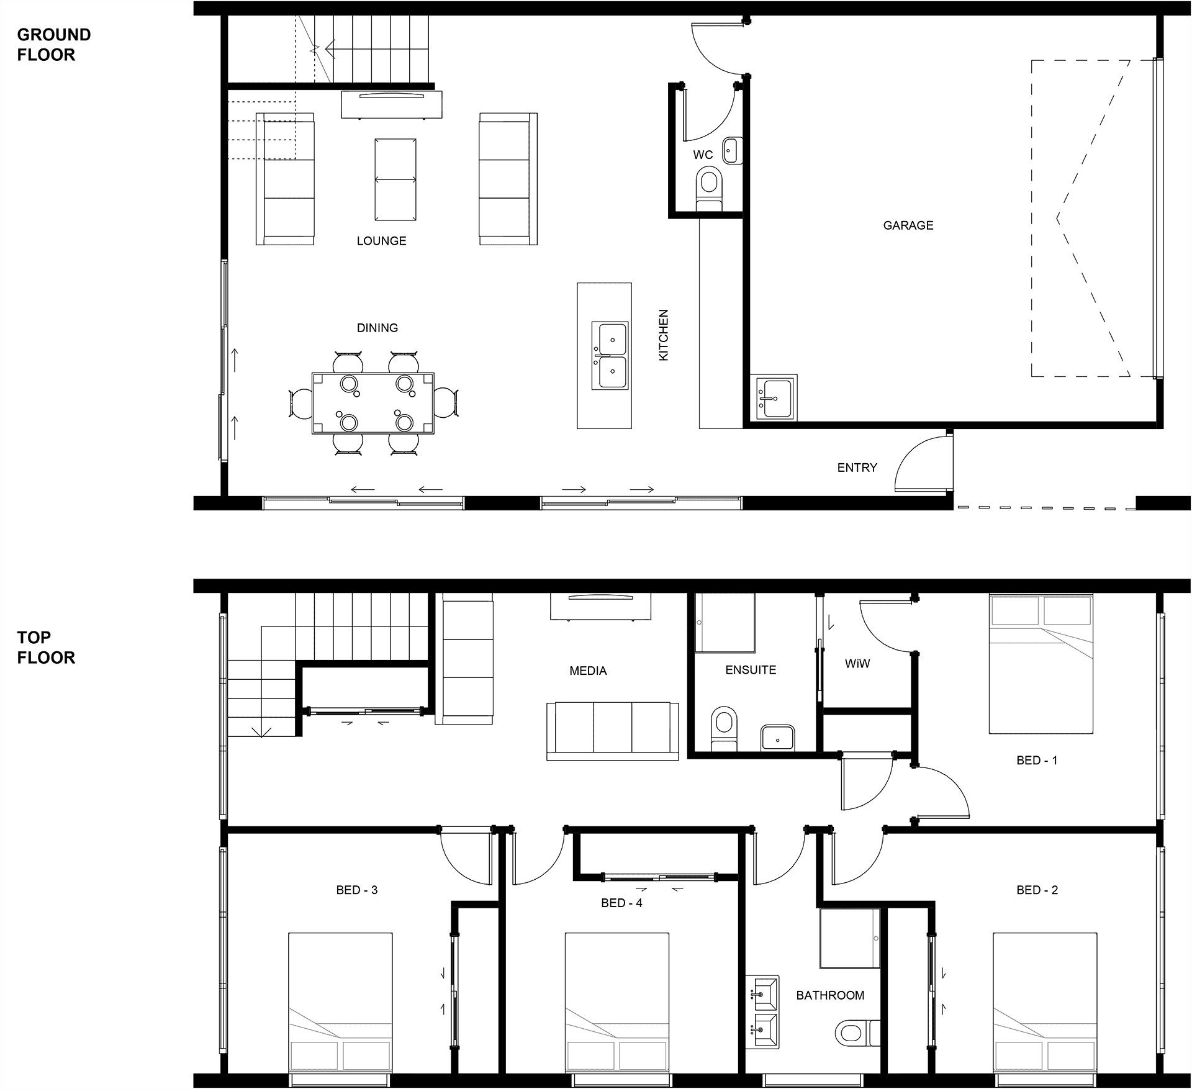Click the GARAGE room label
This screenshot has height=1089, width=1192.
click(x=908, y=225)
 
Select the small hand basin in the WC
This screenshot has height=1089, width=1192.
click(x=731, y=150)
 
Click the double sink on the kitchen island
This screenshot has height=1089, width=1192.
click(x=610, y=356)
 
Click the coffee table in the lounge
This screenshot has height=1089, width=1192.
click(x=395, y=179)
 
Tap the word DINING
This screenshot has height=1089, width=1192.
click(x=377, y=328)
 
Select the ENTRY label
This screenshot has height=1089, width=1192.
click(x=857, y=468)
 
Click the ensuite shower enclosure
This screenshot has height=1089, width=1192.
click(x=725, y=623)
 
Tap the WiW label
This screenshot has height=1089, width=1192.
click(x=857, y=664)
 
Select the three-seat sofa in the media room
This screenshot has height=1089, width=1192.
click(x=613, y=731)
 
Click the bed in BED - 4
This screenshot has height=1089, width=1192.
click(x=617, y=1002)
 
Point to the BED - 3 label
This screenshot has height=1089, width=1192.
click(x=357, y=890)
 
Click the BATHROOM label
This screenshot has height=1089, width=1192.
click(x=830, y=995)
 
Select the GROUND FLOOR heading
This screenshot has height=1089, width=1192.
click(x=54, y=45)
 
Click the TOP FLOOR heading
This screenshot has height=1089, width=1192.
click(x=46, y=647)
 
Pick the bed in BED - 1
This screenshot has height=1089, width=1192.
click(x=1041, y=664)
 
